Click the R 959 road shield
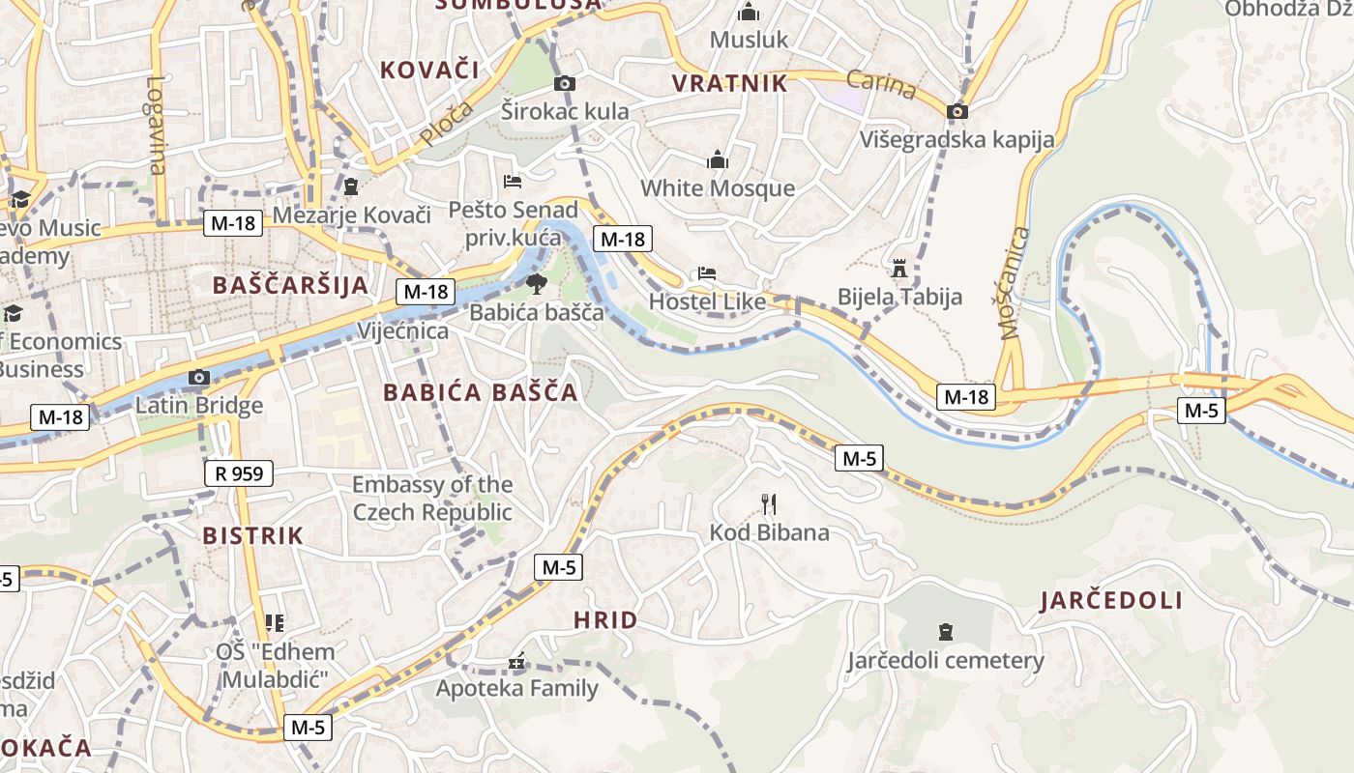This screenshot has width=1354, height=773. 239,473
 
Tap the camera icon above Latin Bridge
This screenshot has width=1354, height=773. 199,378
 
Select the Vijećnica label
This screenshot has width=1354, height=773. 403,331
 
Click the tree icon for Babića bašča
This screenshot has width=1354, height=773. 535,283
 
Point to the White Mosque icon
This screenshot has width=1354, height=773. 718,159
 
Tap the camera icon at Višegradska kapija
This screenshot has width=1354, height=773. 957,111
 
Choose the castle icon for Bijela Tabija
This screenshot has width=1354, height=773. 899,268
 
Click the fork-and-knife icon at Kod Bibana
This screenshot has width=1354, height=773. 769,503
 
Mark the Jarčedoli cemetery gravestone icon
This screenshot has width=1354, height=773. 946,632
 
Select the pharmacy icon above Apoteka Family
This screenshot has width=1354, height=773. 516,662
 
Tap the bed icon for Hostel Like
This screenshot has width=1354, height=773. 707,273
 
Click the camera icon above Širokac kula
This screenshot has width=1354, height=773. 565,83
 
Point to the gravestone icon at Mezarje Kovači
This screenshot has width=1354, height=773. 350,186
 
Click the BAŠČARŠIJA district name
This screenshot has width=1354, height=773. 290,285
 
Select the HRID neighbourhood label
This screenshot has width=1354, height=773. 605,620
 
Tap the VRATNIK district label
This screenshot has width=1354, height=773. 730,83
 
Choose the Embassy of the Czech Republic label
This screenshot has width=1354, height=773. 432,498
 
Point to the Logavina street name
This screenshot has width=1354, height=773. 157,125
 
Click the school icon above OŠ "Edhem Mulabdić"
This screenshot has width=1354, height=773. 275,623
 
